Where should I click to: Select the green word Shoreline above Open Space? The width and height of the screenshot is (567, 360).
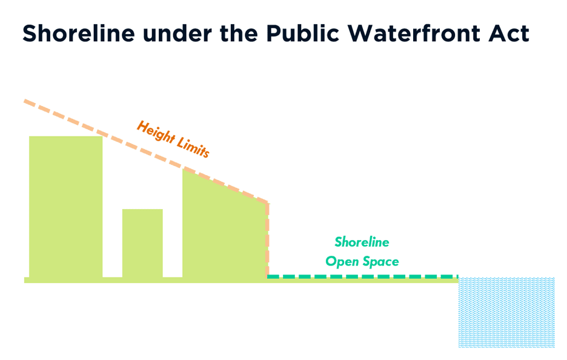[x=362, y=242]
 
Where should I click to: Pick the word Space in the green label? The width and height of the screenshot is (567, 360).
[x=381, y=261]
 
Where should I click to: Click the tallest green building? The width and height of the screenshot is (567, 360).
[x=65, y=206]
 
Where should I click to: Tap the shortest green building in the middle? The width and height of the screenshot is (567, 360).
[x=142, y=242]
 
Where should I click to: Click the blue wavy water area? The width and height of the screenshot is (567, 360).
[x=506, y=312]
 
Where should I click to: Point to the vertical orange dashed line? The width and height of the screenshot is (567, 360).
[x=267, y=239]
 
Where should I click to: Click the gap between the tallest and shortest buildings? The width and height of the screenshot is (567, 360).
[x=112, y=242]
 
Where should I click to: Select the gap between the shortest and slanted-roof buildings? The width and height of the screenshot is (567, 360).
[x=173, y=242]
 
